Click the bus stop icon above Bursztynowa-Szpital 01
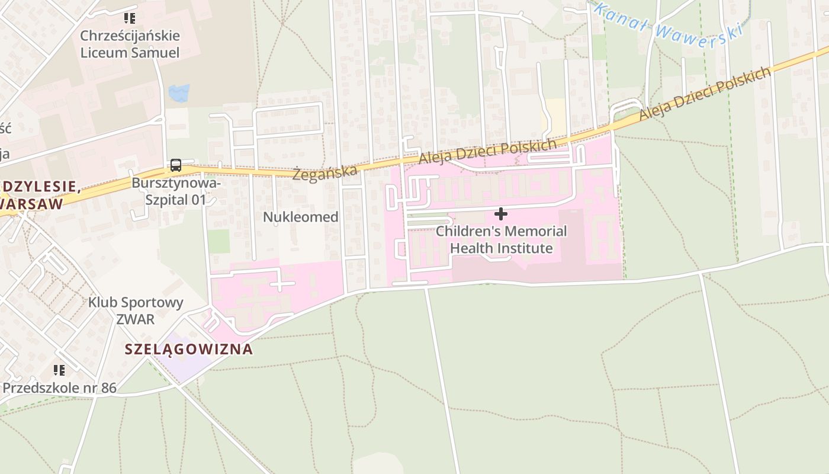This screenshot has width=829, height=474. pos(176,165)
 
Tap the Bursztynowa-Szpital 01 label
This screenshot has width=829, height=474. pos(176,191)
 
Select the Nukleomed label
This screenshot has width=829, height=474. pos(301,217)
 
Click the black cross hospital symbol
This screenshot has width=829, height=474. pos(501,213)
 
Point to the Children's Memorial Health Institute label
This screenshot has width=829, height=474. pos(502,239)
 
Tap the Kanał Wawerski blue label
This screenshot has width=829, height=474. pos(668,22)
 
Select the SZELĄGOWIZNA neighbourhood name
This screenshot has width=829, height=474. pos(189,349)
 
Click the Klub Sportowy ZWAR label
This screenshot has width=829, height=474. pos(136,310)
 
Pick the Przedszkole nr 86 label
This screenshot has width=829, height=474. pos(59,388)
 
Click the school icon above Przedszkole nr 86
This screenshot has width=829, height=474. pos(59,370)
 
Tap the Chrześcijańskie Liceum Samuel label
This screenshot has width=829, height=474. pos(130,44)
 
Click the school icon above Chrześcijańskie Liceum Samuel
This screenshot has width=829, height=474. pos(130,18)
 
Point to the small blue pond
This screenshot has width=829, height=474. pos(179,93)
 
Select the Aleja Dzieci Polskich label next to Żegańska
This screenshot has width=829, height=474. pos(487,152)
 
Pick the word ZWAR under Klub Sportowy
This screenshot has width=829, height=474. pos(135,319)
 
